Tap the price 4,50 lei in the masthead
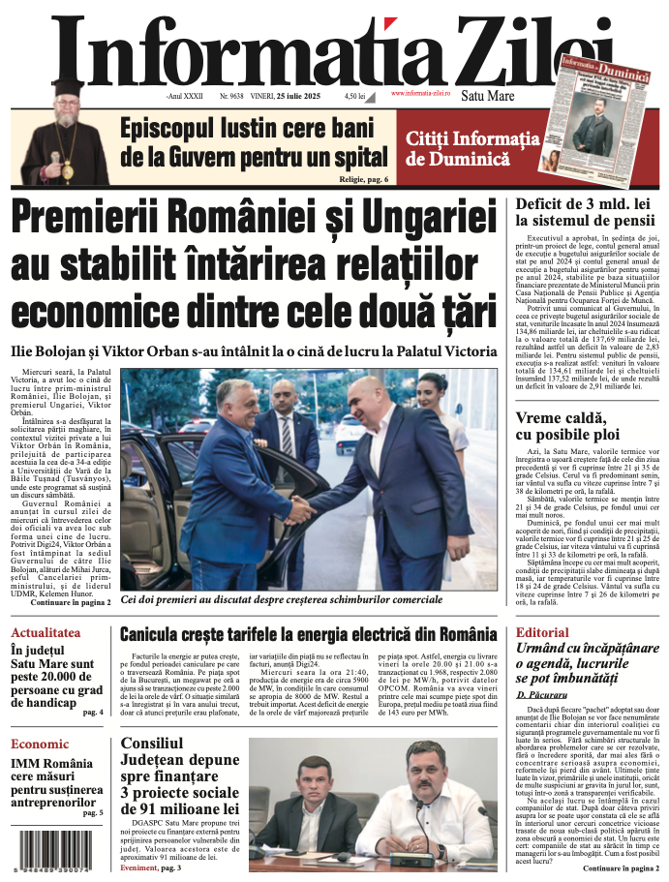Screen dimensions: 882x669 pos(354,97)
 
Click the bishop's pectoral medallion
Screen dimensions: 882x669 pos(67,170)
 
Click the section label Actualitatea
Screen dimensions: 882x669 pos(45,632)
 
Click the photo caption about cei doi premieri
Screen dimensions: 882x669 pos(281,600)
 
